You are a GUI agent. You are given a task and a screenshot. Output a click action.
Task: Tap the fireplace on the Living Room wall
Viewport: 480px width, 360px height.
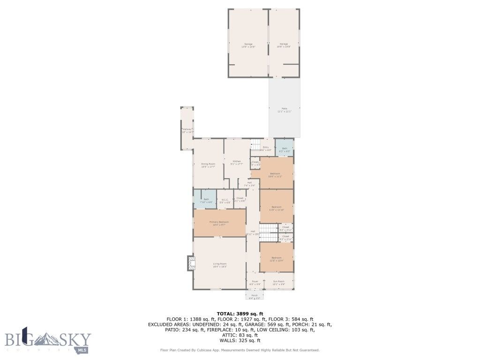[190, 263]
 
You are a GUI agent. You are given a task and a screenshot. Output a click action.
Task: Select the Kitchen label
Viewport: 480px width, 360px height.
[236, 162]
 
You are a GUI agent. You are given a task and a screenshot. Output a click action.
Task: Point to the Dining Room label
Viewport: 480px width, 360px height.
[209, 165]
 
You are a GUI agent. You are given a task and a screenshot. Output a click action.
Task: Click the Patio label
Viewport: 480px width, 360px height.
[284, 110]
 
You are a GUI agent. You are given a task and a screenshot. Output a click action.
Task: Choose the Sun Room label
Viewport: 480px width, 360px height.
[278, 282]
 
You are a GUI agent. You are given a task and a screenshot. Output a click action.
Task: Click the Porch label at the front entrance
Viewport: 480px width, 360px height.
[255, 296]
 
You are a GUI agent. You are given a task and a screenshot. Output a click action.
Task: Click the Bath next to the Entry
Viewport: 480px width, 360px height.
[285, 149]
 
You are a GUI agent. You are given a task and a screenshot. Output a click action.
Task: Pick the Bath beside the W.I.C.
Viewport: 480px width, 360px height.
[206, 200]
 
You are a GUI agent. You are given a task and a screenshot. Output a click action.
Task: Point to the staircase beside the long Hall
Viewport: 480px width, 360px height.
[266, 228]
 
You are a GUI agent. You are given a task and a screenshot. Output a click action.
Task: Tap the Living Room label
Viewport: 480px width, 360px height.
[219, 265]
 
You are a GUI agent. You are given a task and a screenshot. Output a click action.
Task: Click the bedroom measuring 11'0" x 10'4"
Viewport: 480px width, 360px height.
[277, 258]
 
